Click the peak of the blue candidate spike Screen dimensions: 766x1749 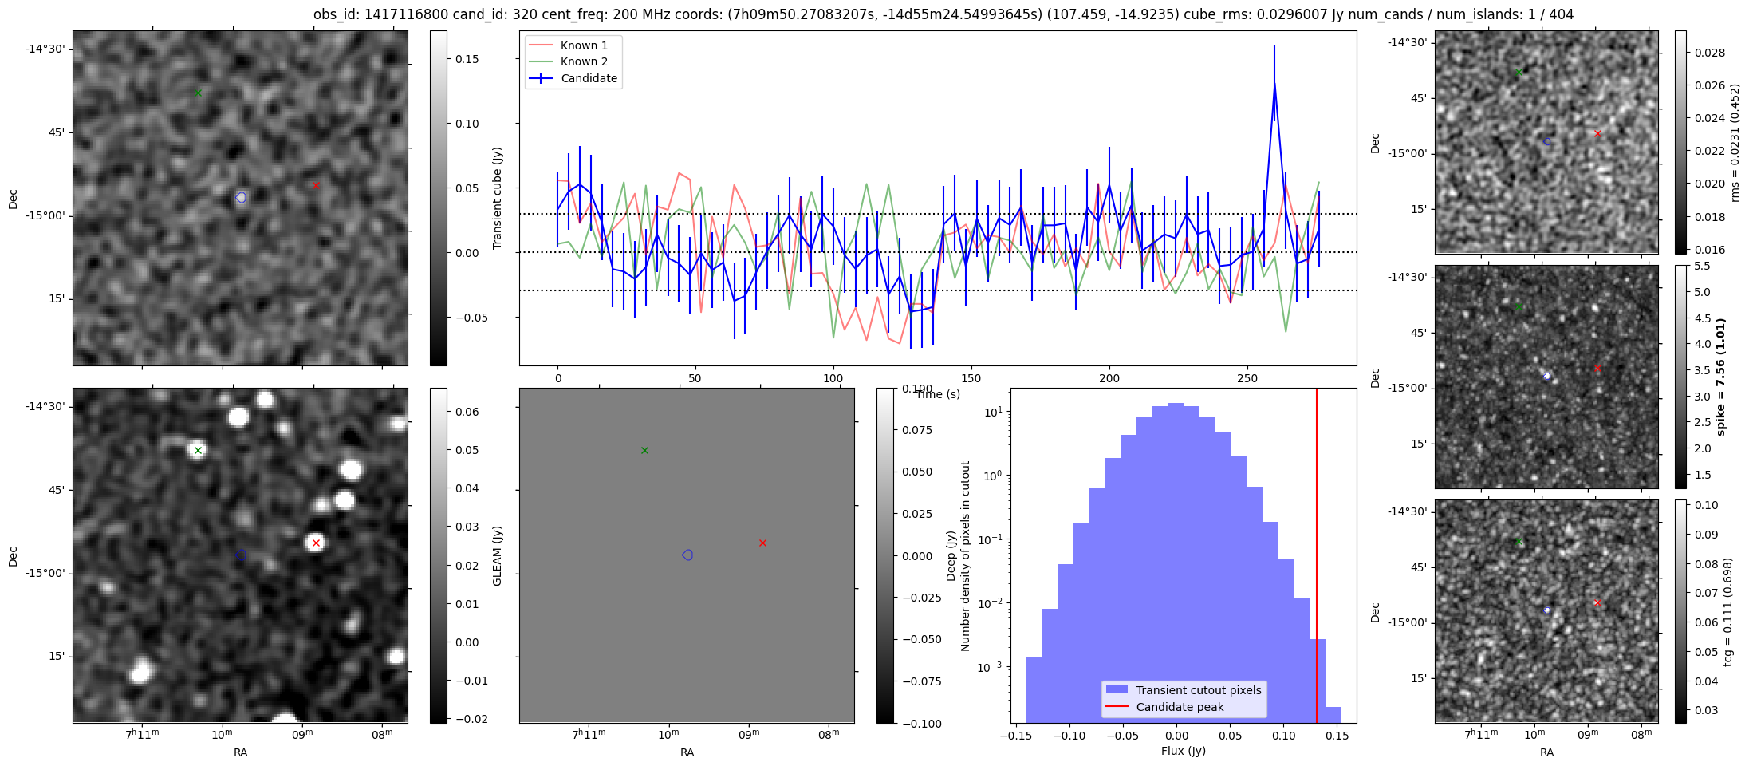pos(1274,83)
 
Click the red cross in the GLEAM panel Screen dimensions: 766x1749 pos(762,543)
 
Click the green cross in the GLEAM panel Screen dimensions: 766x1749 pos(644,451)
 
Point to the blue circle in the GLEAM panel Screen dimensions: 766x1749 pos(687,555)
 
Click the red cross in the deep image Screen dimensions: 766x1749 pos(316,543)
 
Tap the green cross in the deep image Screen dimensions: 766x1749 pos(198,451)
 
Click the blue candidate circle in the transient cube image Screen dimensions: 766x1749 pos(241,197)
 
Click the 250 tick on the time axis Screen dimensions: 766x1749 pos(1247,378)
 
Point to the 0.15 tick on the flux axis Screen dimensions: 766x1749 pos(1337,736)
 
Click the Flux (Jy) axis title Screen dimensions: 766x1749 pos(1184,751)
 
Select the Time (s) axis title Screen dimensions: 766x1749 pos(938,394)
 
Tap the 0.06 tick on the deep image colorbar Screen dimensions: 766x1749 pos(467,412)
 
